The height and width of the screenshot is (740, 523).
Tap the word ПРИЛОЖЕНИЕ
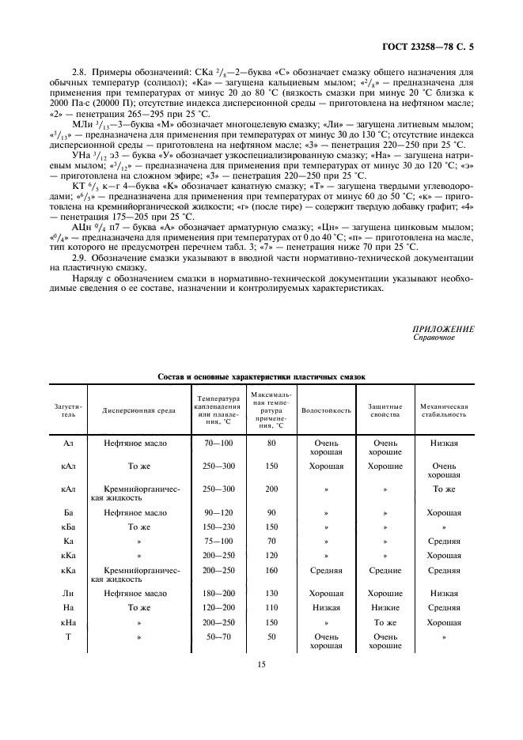[x=443, y=328]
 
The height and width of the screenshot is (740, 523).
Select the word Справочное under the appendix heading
[x=434, y=337]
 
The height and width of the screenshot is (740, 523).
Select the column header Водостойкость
[x=327, y=410]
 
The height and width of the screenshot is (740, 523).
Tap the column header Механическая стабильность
[x=445, y=410]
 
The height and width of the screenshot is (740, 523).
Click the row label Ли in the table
[x=69, y=593]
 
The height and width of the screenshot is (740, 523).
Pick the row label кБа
[x=69, y=526]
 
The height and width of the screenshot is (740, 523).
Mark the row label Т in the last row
[x=69, y=636]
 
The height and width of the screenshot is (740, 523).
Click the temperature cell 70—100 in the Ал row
[x=218, y=444]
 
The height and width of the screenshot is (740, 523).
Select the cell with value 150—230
[x=218, y=526]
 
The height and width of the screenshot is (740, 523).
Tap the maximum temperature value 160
[x=271, y=570]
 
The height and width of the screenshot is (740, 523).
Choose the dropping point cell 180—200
[x=218, y=593]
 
